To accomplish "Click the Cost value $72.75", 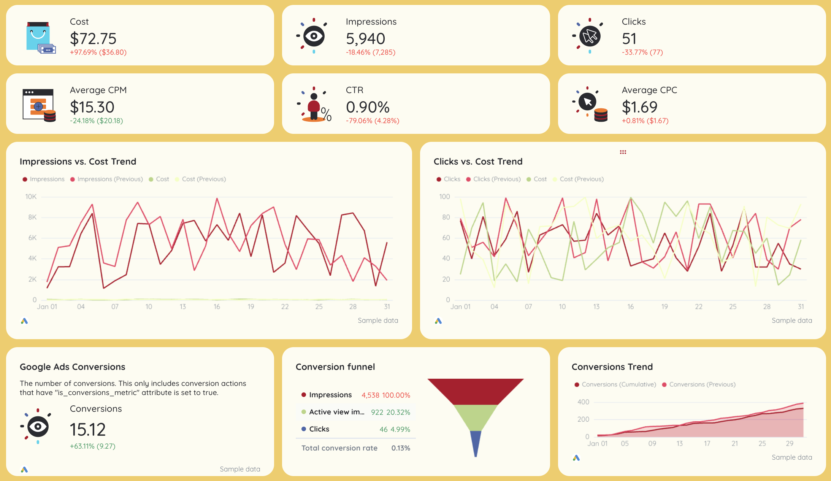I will (93, 39).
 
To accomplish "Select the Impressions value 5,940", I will (365, 39).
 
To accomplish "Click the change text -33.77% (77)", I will (642, 52).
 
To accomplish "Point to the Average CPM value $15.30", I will (92, 107).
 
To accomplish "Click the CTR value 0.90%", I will (368, 107).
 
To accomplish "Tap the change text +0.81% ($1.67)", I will (645, 121).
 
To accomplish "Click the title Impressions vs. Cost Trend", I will (78, 162).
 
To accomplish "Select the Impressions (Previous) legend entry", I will (110, 179).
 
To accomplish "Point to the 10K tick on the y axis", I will (31, 197).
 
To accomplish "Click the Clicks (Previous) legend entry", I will (496, 179).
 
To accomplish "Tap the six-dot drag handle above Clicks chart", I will (623, 152).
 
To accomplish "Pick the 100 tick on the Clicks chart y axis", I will (444, 197).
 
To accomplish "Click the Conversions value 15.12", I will (88, 430).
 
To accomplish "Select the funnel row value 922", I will (377, 412).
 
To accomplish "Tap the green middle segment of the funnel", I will (476, 417).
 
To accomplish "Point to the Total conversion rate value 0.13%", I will (401, 448).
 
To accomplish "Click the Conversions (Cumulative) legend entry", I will (618, 384).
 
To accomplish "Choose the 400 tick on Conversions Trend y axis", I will (583, 402).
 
